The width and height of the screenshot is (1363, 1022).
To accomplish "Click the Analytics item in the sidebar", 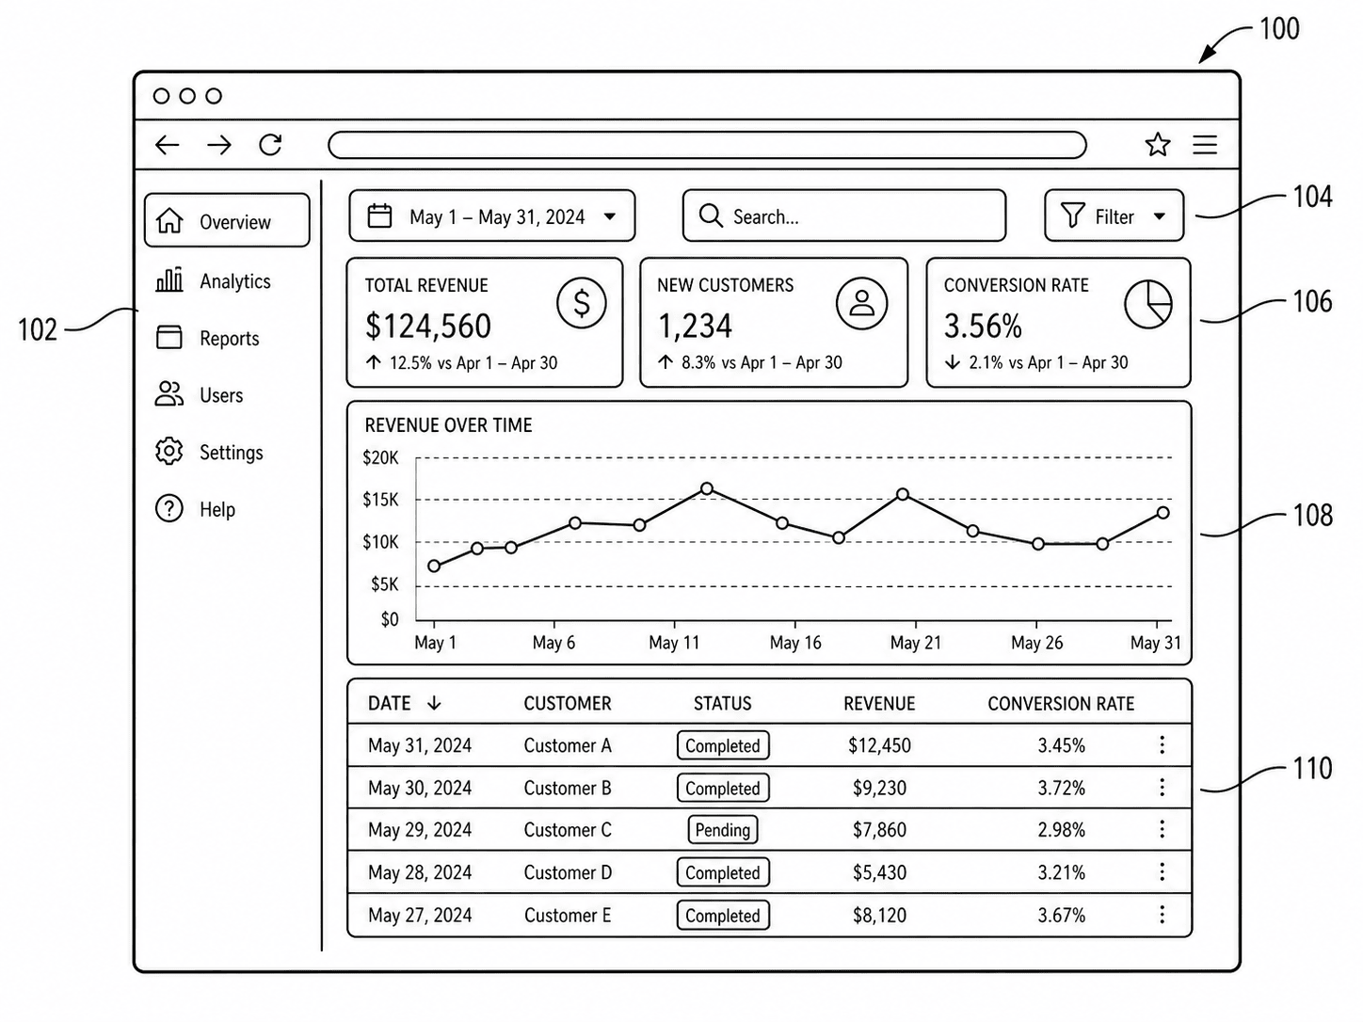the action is click(213, 280).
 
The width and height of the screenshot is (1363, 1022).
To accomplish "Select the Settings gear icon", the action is click(168, 451).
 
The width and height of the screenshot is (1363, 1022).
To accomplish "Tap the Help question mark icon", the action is click(168, 509).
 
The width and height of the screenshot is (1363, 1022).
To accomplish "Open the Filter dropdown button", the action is click(1114, 216).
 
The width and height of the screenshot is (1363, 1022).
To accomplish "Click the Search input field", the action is click(844, 216).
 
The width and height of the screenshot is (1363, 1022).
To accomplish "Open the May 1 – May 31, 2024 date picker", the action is click(491, 216).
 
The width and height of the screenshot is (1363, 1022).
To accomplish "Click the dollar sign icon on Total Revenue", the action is click(581, 303).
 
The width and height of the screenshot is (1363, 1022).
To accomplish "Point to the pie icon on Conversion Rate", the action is click(1148, 304).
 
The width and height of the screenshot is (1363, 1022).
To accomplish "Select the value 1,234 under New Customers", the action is click(695, 326).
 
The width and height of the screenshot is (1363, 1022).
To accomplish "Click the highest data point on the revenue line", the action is click(707, 489).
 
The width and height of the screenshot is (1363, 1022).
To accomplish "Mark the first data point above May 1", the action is click(434, 566).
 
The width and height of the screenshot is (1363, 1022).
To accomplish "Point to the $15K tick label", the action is click(380, 500).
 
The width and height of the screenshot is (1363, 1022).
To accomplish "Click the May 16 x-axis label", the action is click(795, 643).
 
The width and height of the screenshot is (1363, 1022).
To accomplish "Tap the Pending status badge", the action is click(723, 830).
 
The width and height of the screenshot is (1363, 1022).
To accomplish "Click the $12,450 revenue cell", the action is click(879, 745).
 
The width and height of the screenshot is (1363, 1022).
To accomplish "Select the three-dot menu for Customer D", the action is click(1162, 871).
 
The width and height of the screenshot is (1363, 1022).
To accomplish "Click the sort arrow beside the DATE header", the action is click(434, 703).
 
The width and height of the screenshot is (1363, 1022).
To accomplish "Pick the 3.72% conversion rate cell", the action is click(1061, 788).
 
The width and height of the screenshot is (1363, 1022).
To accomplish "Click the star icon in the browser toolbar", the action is click(1158, 145).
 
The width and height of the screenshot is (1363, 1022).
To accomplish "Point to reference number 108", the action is click(1313, 515).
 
